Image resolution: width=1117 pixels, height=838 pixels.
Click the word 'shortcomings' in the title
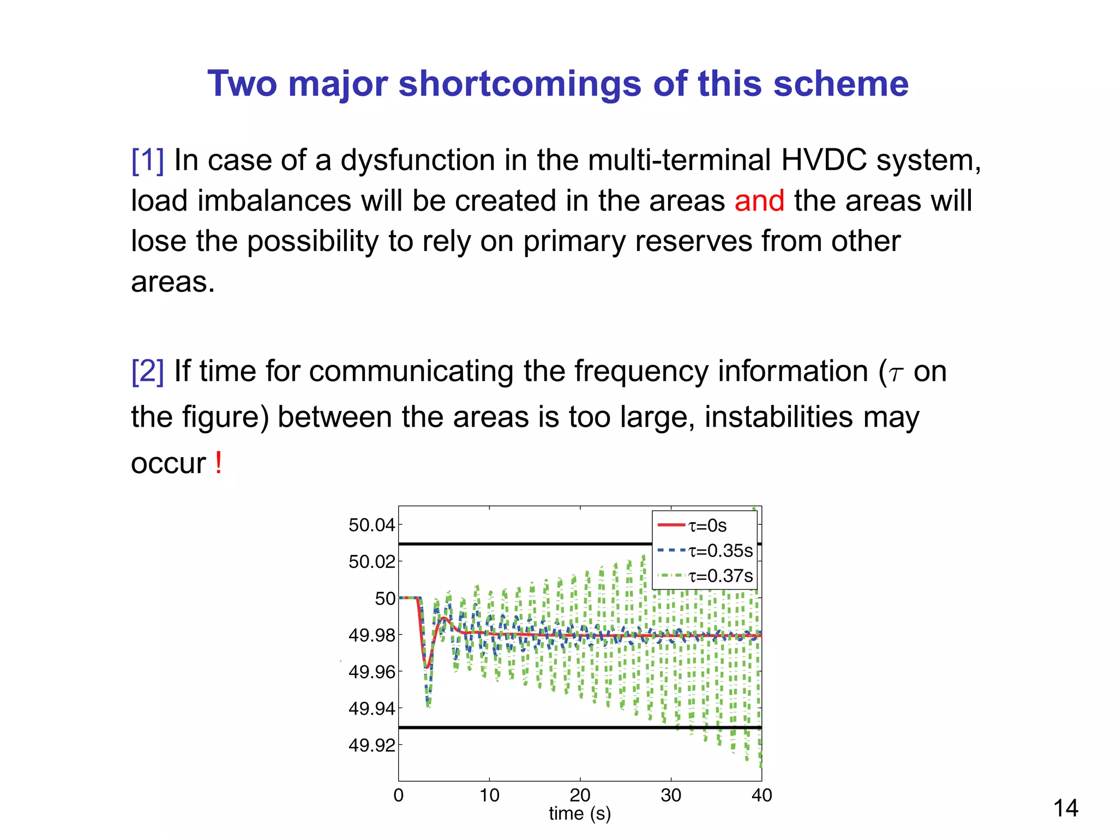(520, 84)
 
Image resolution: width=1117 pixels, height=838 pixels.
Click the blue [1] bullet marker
(147, 160)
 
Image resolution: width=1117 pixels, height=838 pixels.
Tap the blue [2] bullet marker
(147, 372)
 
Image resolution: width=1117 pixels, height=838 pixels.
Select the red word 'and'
(759, 201)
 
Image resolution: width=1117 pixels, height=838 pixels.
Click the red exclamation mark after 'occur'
(218, 463)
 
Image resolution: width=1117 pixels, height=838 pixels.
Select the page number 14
(1065, 809)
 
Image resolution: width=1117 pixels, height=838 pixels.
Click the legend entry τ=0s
(707, 525)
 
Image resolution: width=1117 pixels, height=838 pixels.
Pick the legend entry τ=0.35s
(720, 550)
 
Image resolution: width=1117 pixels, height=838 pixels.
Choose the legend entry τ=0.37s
(720, 576)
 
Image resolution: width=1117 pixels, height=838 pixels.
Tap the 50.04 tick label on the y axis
(371, 525)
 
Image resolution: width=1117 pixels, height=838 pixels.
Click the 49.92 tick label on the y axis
(371, 745)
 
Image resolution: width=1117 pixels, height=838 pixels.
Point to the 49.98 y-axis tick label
(371, 635)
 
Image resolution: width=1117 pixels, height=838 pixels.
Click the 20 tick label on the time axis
(580, 795)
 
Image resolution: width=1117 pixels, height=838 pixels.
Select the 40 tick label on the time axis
(761, 795)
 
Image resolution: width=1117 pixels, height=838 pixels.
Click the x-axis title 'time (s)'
(580, 813)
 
